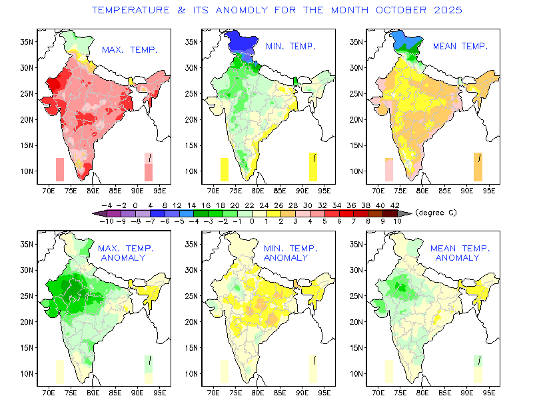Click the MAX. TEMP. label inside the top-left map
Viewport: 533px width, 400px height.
pyautogui.click(x=130, y=49)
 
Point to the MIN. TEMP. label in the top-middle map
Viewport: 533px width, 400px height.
pyautogui.click(x=290, y=46)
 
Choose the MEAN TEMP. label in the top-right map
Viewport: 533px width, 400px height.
pyautogui.click(x=460, y=46)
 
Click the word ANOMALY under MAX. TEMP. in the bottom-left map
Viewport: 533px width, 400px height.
pyautogui.click(x=123, y=257)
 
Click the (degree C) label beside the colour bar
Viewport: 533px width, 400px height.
pyautogui.click(x=436, y=213)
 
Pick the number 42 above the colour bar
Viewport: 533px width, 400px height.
pyautogui.click(x=395, y=205)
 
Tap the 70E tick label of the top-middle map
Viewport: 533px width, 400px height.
pyautogui.click(x=213, y=189)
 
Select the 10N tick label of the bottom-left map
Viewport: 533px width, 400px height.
pyautogui.click(x=26, y=373)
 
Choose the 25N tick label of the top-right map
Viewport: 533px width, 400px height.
pyautogui.click(x=356, y=93)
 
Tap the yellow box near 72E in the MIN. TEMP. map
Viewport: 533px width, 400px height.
pyautogui.click(x=225, y=169)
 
